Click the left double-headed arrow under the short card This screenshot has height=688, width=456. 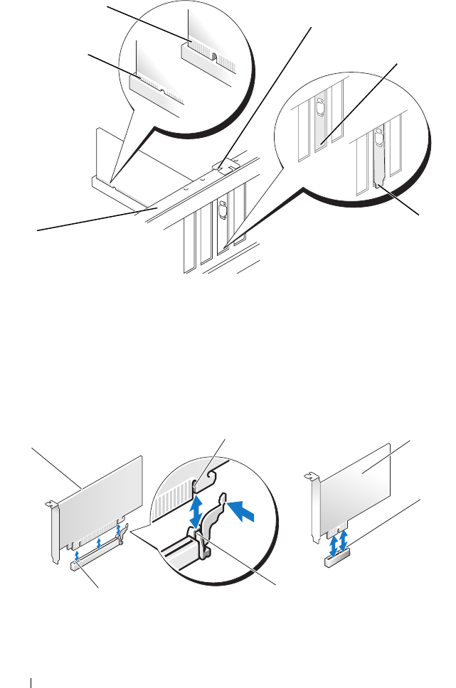point(332,543)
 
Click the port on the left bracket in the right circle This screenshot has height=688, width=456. point(319,107)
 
